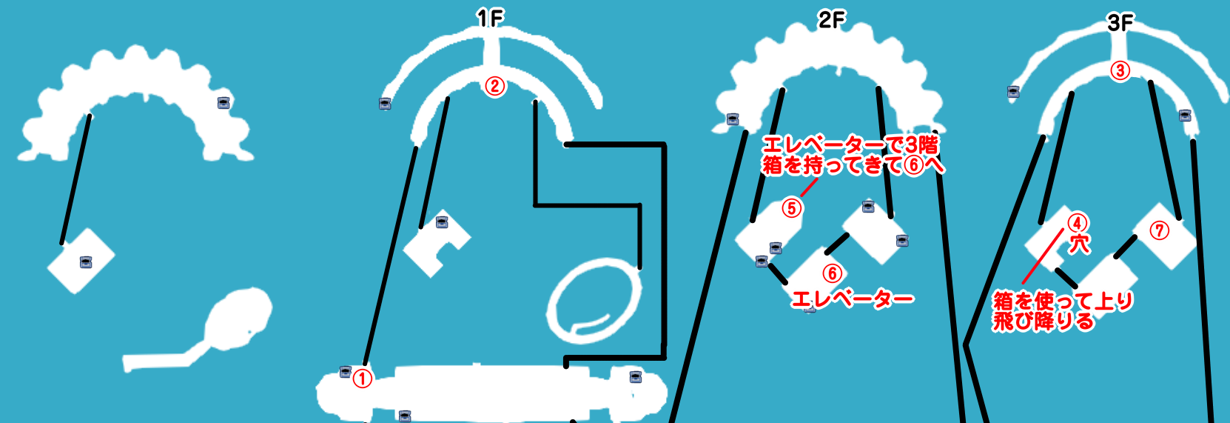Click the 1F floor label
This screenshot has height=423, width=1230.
click(x=490, y=19)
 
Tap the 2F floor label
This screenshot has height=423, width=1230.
click(x=831, y=20)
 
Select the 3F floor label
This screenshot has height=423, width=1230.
click(x=1120, y=23)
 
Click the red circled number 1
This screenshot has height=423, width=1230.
click(x=362, y=379)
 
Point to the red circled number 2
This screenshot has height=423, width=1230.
click(x=495, y=86)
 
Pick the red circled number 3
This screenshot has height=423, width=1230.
click(x=1120, y=71)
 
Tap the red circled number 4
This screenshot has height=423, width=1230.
click(x=1078, y=223)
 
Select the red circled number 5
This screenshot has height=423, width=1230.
click(x=792, y=208)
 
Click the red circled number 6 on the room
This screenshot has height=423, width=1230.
click(x=833, y=273)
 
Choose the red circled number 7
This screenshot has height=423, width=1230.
click(x=1159, y=230)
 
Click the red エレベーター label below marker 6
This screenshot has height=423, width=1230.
click(x=853, y=299)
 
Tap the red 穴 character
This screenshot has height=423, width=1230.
click(x=1078, y=244)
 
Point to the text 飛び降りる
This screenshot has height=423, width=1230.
click(x=1044, y=322)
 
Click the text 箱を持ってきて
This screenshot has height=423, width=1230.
click(x=832, y=164)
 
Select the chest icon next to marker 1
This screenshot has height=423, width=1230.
click(x=346, y=372)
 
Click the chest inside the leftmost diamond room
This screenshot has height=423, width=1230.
click(x=86, y=262)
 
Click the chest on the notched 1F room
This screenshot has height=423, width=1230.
click(x=442, y=222)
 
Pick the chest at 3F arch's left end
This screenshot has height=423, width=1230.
click(x=1013, y=92)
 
